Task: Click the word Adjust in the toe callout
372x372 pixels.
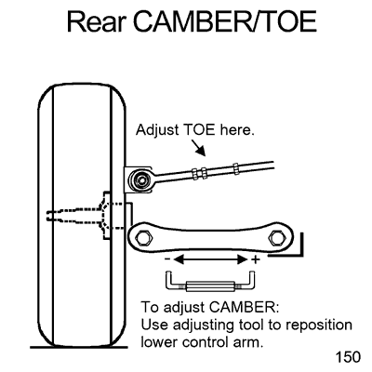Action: pyautogui.click(x=160, y=131)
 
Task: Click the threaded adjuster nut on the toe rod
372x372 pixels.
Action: pyautogui.click(x=198, y=174)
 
